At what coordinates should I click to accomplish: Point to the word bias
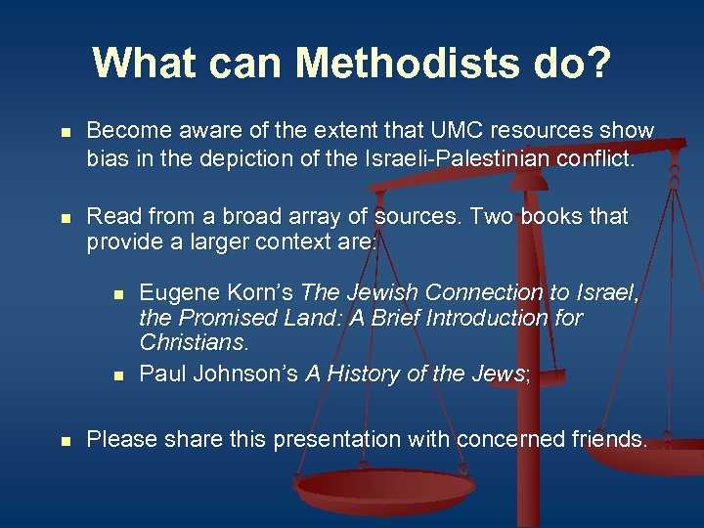(x=108, y=158)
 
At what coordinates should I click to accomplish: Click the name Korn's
(x=261, y=292)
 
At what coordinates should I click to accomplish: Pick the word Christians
(x=194, y=343)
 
